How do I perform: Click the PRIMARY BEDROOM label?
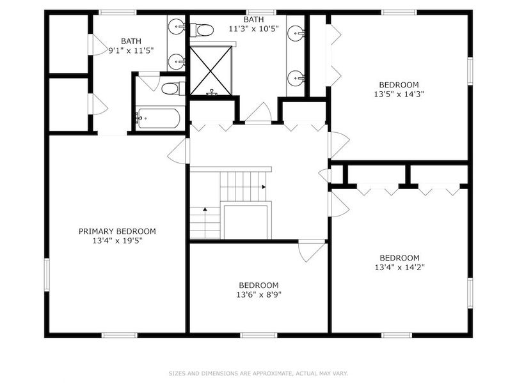pos(117,231)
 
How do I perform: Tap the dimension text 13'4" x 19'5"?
pos(117,241)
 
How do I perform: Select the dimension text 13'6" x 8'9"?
pos(258,294)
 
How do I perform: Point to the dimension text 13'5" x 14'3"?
pos(399,94)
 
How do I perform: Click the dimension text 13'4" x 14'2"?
pos(399,267)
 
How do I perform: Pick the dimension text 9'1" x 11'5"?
pos(131,50)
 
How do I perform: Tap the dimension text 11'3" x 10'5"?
pos(253,29)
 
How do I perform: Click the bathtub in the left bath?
pos(158,118)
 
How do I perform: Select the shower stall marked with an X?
pos(211,71)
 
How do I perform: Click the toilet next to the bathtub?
pos(173,89)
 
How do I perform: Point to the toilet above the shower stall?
pos(202,30)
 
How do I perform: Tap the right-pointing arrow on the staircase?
pos(264,187)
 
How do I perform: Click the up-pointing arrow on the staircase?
pos(205,209)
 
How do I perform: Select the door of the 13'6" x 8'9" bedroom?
pos(312,251)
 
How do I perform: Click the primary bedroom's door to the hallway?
pos(179,151)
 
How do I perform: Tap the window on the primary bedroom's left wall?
pos(47,275)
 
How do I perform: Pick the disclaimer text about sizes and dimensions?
pos(258,374)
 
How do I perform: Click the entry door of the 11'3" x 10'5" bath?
pos(258,113)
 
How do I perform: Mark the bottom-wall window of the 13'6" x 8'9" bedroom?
pos(258,335)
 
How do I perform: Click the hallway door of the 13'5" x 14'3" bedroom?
pos(339,145)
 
